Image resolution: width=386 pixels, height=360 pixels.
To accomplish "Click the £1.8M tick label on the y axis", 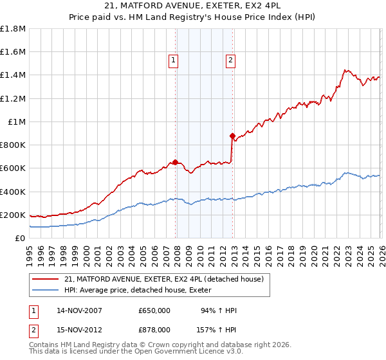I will click(x=13, y=29).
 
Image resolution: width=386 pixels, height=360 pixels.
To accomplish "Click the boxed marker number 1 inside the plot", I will click(x=174, y=61).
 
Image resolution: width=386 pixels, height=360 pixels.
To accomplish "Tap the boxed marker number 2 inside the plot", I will click(x=230, y=61).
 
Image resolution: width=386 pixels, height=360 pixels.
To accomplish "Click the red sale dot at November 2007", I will click(x=175, y=162).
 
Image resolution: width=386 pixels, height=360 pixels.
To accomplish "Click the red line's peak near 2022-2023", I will click(x=345, y=69).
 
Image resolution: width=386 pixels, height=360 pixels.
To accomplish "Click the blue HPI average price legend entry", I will click(x=142, y=291).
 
